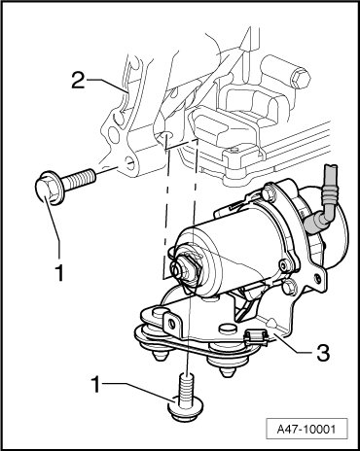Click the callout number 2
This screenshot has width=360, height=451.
tap(78, 80)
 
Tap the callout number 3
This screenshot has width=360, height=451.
tap(323, 353)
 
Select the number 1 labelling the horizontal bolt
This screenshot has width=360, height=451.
tap(59, 273)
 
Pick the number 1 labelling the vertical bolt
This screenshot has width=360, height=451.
tap(95, 385)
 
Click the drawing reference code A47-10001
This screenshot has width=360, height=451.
tap(306, 430)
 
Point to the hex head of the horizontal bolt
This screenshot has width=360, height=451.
tap(48, 189)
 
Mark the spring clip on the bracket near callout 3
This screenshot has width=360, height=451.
tap(256, 336)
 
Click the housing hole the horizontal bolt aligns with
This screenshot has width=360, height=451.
tap(129, 162)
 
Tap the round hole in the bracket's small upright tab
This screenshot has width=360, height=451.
tap(170, 323)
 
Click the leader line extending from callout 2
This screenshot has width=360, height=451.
tap(107, 87)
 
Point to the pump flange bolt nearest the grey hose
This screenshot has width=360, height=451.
tap(269, 191)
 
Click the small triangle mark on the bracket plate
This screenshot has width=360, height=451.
tap(271, 323)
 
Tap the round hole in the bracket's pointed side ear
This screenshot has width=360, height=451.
tap(317, 278)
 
